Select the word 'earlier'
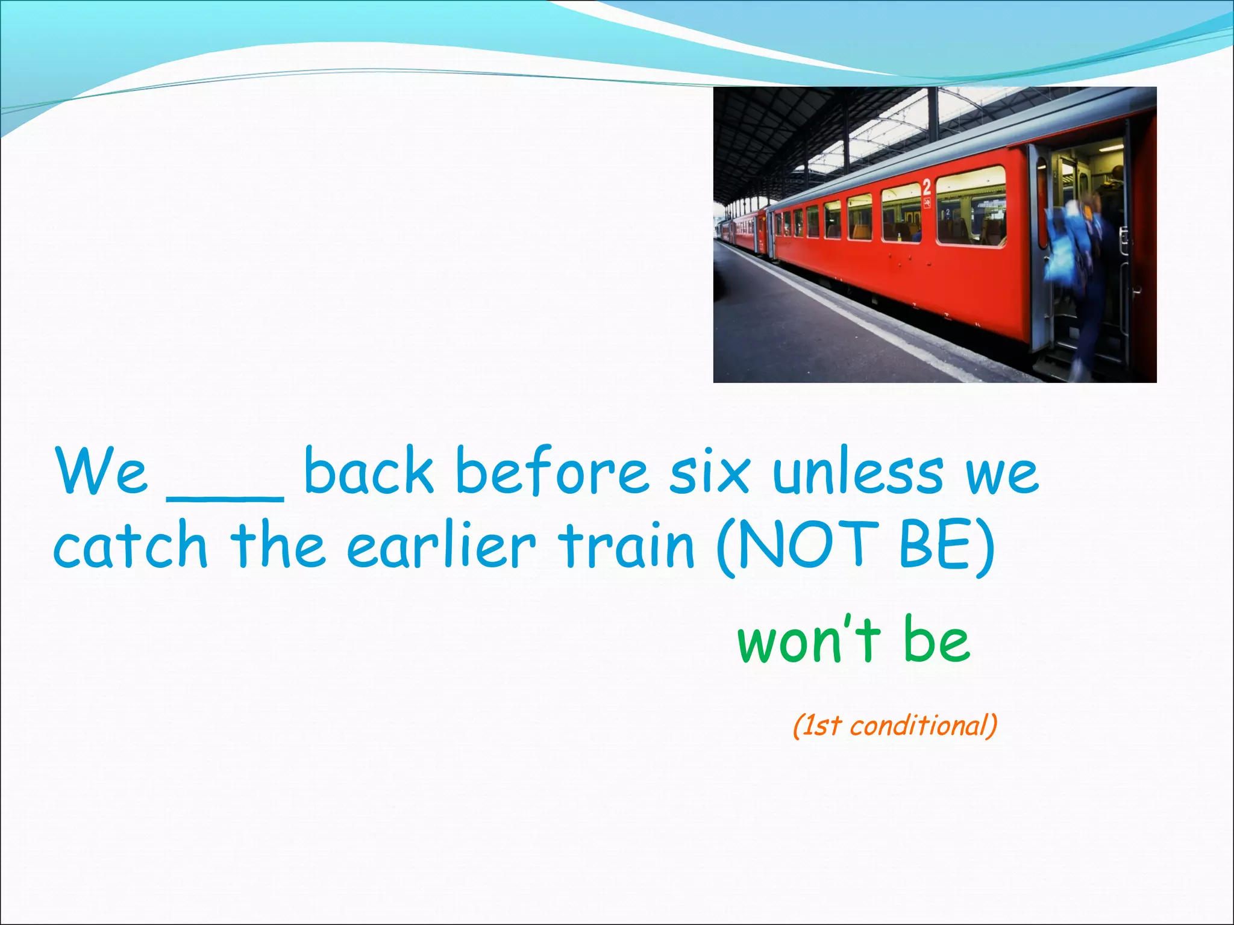[441, 545]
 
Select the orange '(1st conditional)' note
[895, 725]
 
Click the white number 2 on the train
[927, 187]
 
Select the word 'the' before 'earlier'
[277, 545]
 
